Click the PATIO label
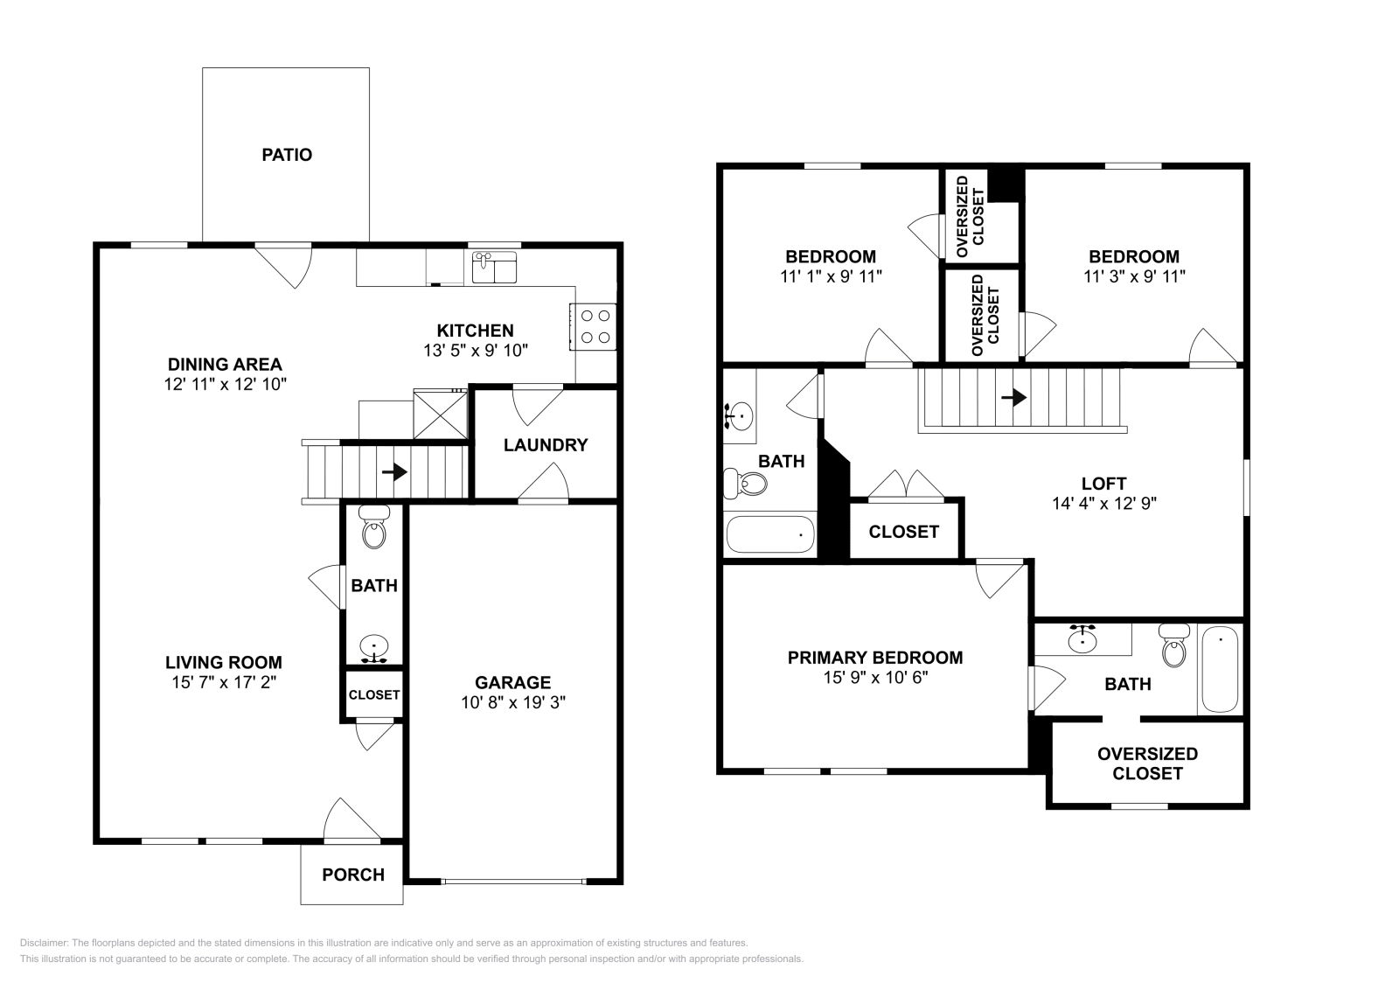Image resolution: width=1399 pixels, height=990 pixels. tap(287, 155)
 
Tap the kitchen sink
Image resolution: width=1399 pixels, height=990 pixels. tap(494, 268)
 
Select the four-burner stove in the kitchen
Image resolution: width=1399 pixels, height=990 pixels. tap(595, 326)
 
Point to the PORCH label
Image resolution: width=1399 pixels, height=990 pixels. tap(353, 875)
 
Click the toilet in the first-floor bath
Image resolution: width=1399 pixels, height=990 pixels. tap(374, 528)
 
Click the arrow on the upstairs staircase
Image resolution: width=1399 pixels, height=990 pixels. tap(1013, 398)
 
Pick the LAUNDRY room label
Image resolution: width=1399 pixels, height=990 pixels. tap(546, 445)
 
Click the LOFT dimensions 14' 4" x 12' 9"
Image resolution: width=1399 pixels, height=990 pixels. tap(1104, 504)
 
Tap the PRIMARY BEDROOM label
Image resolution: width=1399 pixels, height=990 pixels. tap(874, 658)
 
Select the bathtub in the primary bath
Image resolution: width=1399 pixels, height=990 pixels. tap(1220, 672)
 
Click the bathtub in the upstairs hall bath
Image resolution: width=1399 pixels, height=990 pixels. tap(769, 533)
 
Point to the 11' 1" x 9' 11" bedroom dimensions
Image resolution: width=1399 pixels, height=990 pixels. tap(830, 276)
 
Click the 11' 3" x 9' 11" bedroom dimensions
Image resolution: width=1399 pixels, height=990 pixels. tap(1133, 276)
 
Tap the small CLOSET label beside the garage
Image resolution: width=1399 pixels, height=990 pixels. tap(374, 695)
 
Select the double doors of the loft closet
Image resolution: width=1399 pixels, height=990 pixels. tap(905, 485)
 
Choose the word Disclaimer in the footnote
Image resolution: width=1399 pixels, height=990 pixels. tap(42, 943)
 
